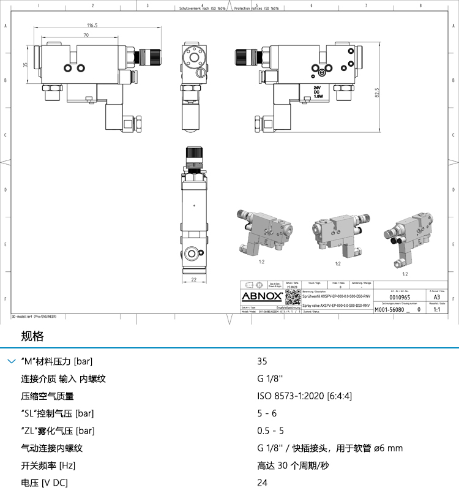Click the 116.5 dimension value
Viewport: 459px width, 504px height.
coord(92,25)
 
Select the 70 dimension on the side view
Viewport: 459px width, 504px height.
coord(86,36)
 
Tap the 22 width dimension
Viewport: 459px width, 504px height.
coord(193,280)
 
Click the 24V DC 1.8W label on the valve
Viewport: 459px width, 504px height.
coord(318,92)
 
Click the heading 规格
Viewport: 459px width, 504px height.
coord(32,336)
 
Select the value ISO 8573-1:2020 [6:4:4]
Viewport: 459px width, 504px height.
coord(305,396)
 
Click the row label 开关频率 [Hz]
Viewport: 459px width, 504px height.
coord(48,465)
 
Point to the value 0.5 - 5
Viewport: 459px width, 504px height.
coord(271,431)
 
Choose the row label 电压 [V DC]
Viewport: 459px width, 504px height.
coord(45,483)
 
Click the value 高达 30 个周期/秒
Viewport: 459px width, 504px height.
coord(293,465)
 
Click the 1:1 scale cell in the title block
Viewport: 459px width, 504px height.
coord(436,310)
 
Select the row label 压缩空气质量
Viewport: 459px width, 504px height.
coord(47,396)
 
